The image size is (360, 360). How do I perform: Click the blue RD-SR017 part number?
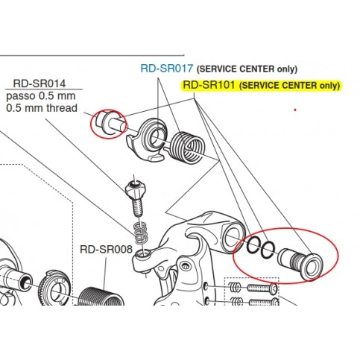tap(166, 69)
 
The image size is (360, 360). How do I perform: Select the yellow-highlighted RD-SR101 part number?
tap(209, 85)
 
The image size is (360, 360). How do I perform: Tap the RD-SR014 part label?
tap(40, 83)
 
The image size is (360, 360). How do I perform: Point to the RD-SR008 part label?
tap(106, 249)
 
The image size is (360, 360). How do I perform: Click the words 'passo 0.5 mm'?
tap(41, 96)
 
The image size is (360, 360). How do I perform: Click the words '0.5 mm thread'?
tap(42, 108)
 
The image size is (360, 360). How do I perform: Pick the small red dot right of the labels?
tap(295, 110)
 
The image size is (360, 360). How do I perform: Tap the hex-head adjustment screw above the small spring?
tap(136, 196)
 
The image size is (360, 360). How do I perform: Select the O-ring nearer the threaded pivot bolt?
tap(268, 250)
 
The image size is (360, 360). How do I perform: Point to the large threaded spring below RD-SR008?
tap(102, 297)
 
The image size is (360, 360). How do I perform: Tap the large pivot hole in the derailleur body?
tap(233, 236)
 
